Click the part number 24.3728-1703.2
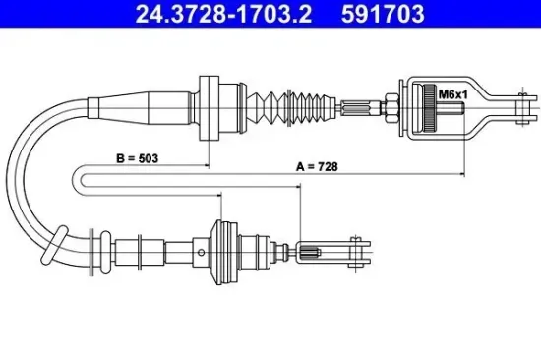[223, 14]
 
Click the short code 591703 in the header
[383, 14]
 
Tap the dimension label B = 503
[138, 158]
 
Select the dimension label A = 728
[317, 166]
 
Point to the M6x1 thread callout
[452, 94]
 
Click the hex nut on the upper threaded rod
[391, 107]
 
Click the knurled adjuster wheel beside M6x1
[429, 107]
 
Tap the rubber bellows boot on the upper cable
[291, 107]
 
